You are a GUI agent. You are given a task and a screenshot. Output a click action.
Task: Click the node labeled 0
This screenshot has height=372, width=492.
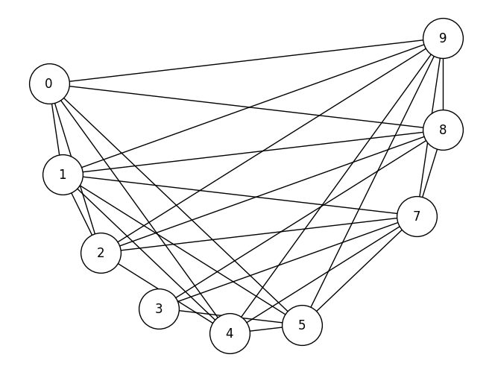click(49, 83)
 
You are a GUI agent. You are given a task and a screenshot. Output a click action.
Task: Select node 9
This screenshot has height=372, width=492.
click(443, 38)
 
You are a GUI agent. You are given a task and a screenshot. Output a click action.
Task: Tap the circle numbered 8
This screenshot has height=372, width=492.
click(443, 130)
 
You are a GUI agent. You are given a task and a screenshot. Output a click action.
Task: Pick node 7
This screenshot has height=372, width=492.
click(417, 216)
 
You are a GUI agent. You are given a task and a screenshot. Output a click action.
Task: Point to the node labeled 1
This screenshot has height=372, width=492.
click(63, 174)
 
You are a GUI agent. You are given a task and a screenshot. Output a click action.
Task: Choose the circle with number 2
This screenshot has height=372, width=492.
click(101, 253)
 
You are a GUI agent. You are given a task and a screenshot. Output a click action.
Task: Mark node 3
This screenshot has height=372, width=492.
click(159, 309)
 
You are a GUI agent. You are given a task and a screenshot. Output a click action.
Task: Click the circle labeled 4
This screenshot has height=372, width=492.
click(230, 333)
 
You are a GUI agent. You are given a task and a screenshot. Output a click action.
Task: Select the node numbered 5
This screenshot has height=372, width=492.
click(302, 325)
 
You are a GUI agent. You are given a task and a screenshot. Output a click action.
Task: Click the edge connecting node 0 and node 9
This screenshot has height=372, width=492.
click(246, 61)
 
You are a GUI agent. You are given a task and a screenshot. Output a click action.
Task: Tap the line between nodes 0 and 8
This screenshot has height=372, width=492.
click(246, 107)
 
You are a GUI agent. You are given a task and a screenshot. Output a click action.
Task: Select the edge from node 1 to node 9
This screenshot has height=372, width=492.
click(253, 106)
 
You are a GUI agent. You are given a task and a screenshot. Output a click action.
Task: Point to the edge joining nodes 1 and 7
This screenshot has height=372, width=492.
click(239, 195)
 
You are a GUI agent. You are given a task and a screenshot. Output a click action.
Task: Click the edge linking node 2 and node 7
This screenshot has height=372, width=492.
click(259, 234)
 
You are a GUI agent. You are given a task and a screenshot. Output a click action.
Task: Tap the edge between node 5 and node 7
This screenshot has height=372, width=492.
click(359, 271)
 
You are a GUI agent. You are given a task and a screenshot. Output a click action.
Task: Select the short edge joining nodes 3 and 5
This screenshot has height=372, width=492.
click(230, 317)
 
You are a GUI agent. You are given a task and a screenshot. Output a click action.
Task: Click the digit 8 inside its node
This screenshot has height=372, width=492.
click(443, 130)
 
